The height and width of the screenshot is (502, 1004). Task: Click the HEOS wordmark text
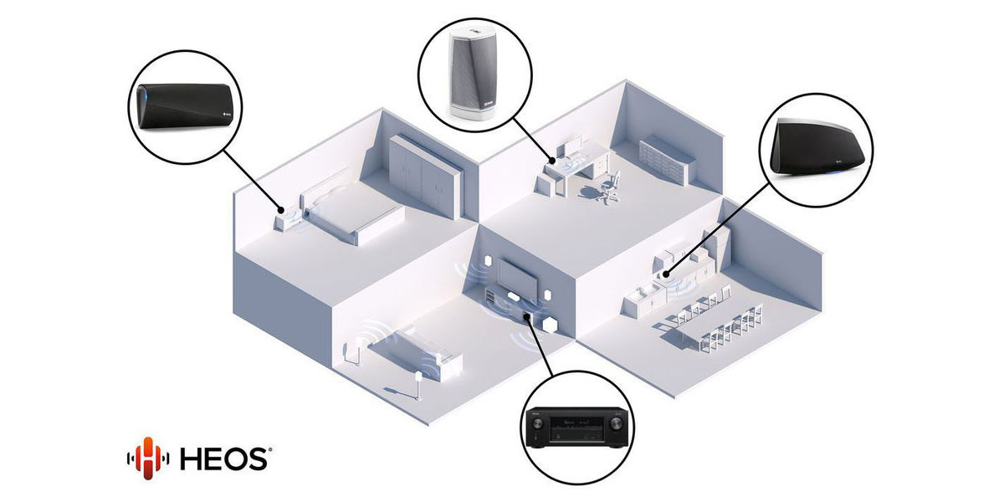(x=225, y=459)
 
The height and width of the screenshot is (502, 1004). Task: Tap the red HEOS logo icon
(x=148, y=458)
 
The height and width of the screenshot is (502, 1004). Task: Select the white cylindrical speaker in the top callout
(x=472, y=74)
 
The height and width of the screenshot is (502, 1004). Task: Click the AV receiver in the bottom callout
(x=576, y=428)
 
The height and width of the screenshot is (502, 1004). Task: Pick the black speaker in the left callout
(x=185, y=106)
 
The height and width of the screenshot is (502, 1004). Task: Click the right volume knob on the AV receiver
(x=616, y=423)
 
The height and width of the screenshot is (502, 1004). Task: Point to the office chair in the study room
(x=610, y=186)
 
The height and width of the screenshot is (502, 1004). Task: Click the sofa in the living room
(x=415, y=354)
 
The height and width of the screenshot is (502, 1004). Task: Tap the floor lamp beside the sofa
(x=105, y=387)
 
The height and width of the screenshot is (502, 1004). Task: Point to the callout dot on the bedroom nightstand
(x=281, y=210)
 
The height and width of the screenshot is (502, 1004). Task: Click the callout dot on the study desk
(x=553, y=161)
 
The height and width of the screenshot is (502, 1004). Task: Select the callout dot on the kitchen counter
(x=666, y=274)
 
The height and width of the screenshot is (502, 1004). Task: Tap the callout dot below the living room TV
(x=526, y=317)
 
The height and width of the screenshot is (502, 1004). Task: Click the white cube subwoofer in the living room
(x=551, y=325)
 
